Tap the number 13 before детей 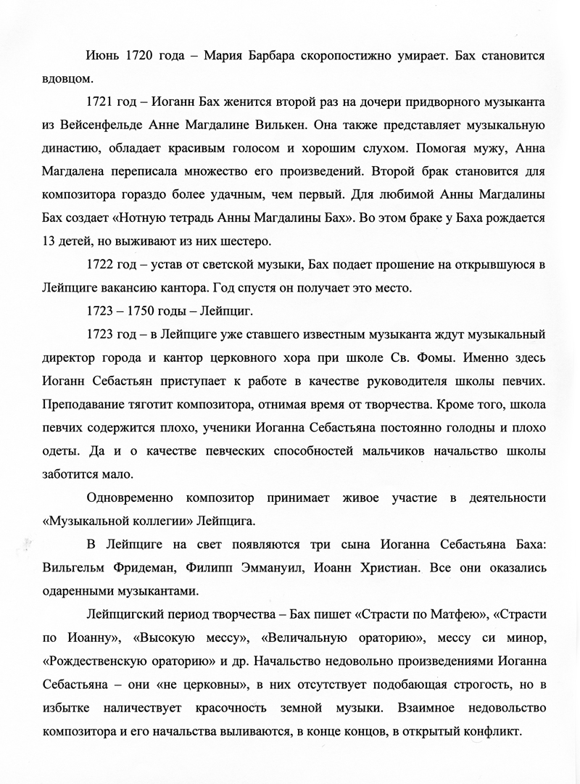coord(49,242)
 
